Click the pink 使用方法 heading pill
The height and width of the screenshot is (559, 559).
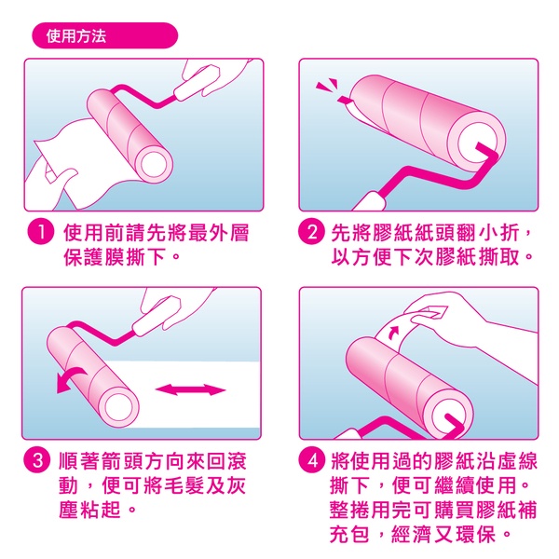pos(104,35)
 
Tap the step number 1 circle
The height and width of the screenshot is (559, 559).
pos(41,232)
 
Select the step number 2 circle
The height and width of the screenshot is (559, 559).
pos(311,232)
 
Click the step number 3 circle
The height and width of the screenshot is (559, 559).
pos(36,460)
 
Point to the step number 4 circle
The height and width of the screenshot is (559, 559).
pos(312,460)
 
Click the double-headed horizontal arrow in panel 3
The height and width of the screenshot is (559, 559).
pos(191,389)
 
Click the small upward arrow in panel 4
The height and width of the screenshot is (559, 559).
pos(393,332)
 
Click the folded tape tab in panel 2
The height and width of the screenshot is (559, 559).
pos(345,101)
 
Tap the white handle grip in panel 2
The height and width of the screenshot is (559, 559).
pos(370,202)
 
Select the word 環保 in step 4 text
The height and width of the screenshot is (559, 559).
pos(477,535)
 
